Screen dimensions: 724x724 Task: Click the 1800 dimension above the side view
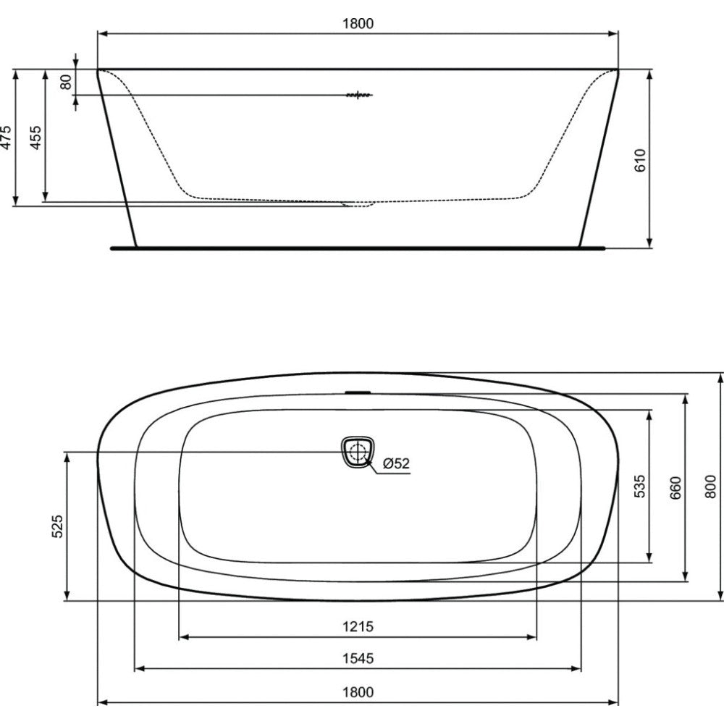click(x=358, y=24)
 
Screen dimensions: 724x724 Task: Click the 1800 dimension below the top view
click(x=358, y=692)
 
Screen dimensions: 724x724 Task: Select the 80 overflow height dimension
click(x=66, y=82)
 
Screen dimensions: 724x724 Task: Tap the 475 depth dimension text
click(x=6, y=137)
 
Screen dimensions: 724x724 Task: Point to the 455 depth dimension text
click(x=35, y=137)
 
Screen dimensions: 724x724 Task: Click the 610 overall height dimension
click(x=640, y=160)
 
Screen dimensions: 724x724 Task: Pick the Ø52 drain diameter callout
click(x=396, y=463)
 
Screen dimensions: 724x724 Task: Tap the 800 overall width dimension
click(x=711, y=487)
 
